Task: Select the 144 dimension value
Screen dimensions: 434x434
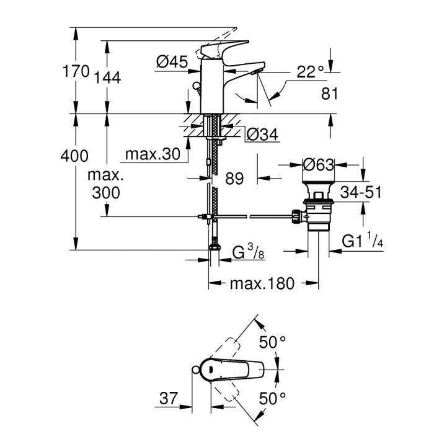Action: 107,76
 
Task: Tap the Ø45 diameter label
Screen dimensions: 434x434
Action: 172,61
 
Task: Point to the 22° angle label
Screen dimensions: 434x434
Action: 310,72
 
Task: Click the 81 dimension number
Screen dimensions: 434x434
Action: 330,94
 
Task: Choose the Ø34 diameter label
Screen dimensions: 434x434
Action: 262,133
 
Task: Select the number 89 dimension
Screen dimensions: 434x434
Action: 234,179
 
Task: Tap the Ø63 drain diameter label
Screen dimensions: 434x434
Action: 318,165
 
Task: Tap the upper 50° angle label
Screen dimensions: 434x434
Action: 273,342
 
